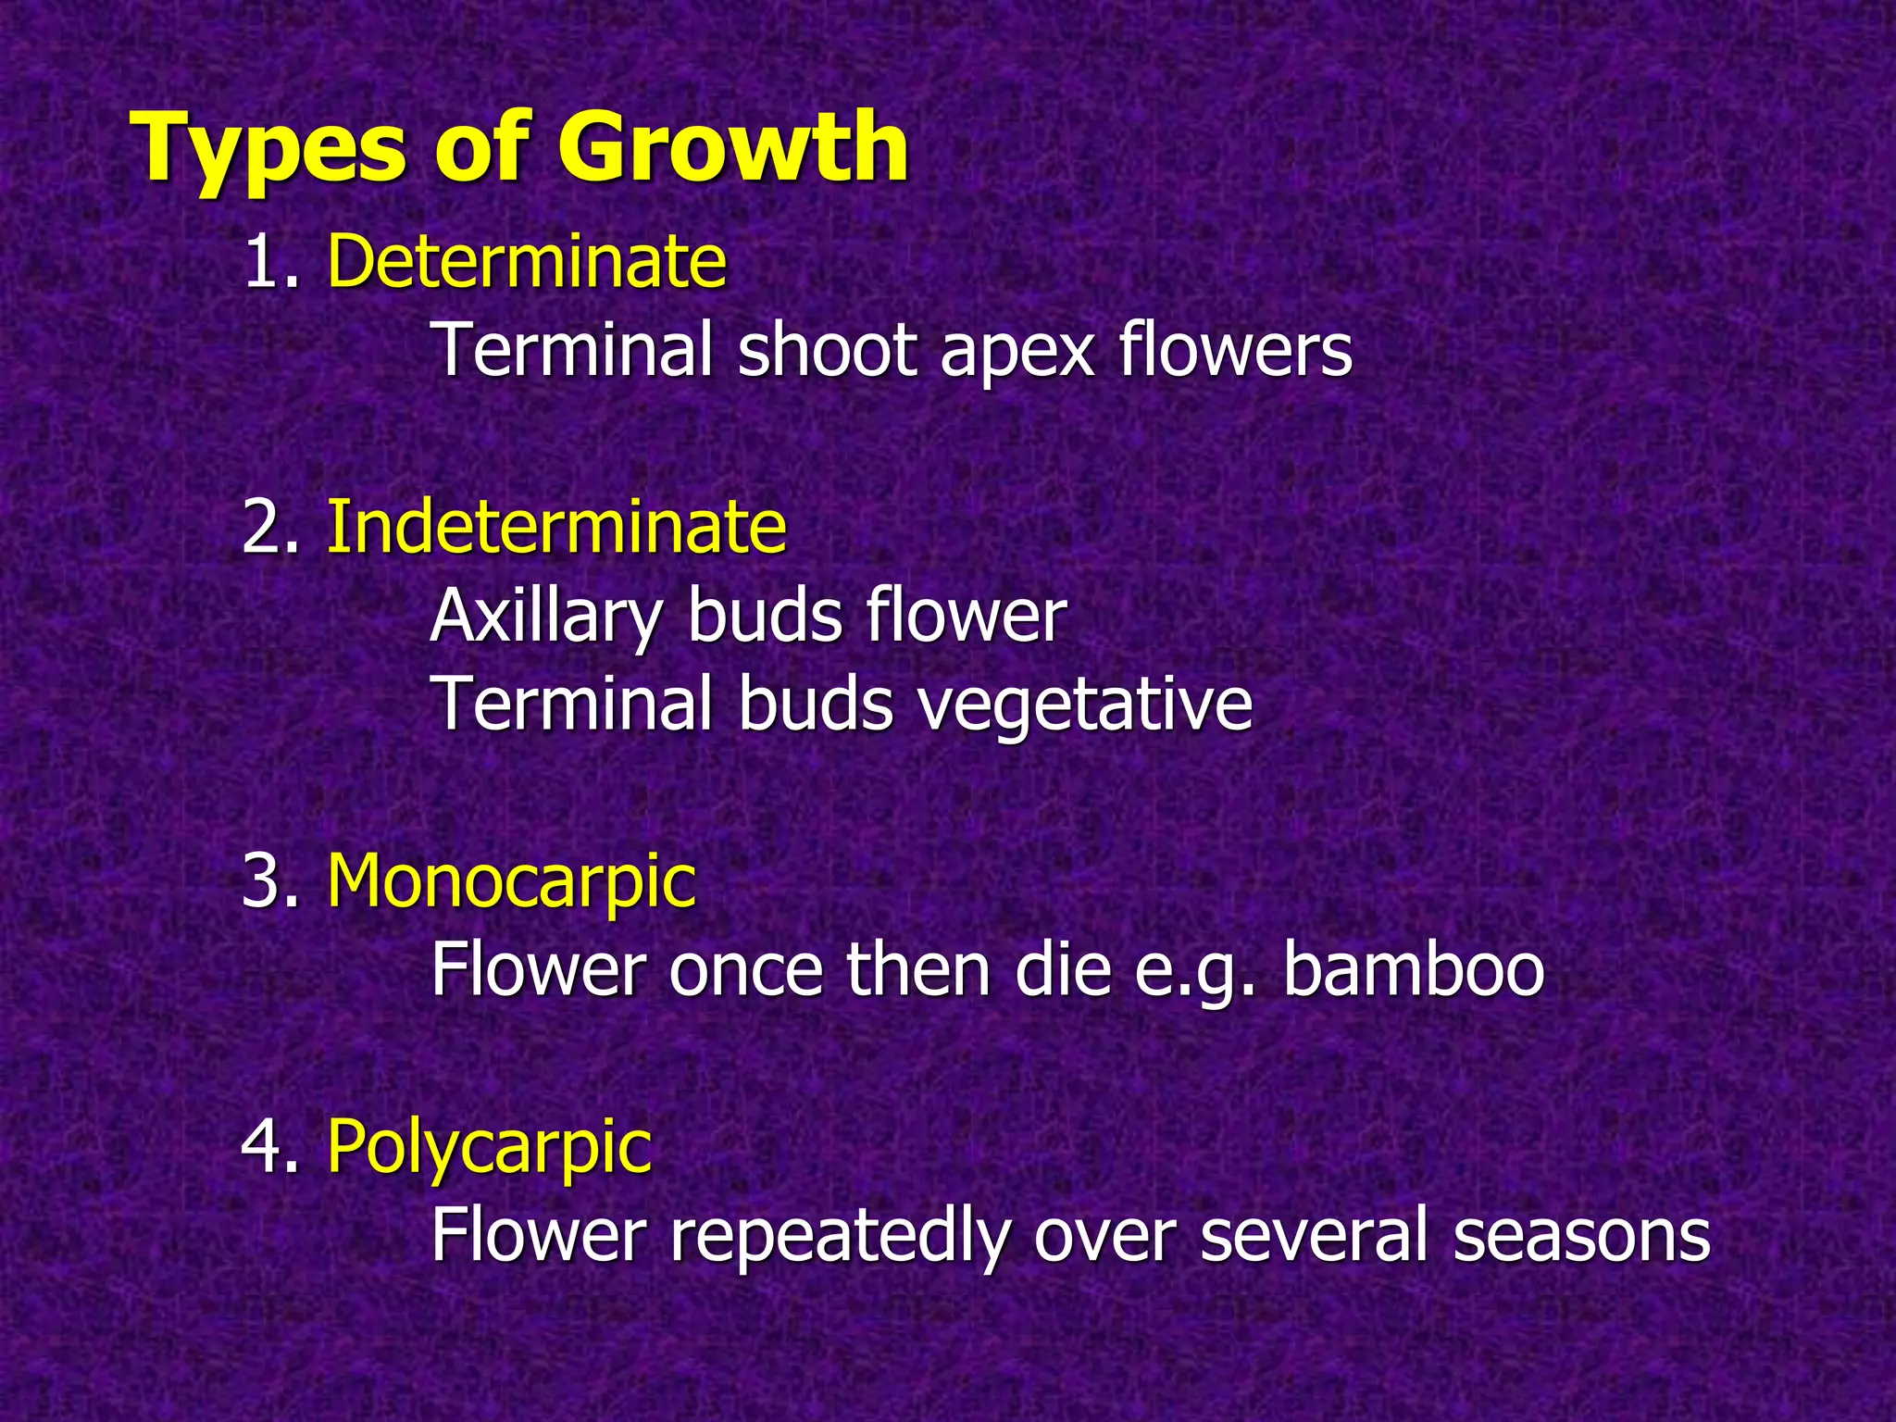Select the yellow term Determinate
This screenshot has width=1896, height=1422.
point(527,262)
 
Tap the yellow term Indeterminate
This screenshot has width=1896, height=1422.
point(556,527)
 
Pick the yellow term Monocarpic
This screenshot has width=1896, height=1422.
point(511,881)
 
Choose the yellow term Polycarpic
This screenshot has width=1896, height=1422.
point(489,1147)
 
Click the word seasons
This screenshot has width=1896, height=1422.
point(1580,1237)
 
